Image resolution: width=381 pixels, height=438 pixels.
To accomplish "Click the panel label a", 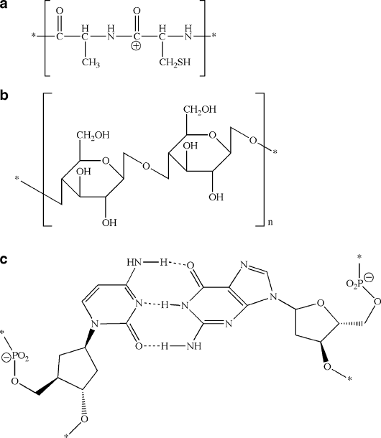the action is coord(4,5).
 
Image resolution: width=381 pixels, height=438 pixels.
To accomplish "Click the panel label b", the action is coord(4,95).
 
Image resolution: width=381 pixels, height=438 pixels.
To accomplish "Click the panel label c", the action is coord(4,259).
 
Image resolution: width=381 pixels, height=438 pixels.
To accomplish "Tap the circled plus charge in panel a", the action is coord(137,45).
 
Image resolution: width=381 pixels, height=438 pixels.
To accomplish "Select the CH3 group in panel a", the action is coord(91,62).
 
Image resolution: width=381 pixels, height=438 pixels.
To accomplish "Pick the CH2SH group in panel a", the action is coord(175,62).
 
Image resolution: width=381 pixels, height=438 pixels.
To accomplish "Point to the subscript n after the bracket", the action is coord(270,223).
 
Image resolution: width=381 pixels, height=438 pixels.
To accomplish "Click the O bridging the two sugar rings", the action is coord(146,166).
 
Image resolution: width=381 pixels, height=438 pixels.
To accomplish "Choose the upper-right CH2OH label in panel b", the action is coord(200,109).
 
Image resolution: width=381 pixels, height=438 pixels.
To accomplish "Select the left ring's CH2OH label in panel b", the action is coord(93,136).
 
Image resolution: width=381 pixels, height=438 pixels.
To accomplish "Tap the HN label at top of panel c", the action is coord(134,262).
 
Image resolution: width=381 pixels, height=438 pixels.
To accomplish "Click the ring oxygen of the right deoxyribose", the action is coord(321,304).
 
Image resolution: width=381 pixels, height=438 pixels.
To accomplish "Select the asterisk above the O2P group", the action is coord(360,256).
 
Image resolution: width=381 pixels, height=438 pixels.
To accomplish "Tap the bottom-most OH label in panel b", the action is coord(109,223).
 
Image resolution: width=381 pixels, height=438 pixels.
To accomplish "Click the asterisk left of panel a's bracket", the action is coord(34,36).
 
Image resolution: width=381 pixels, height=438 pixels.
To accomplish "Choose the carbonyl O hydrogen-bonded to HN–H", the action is coord(190,265).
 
